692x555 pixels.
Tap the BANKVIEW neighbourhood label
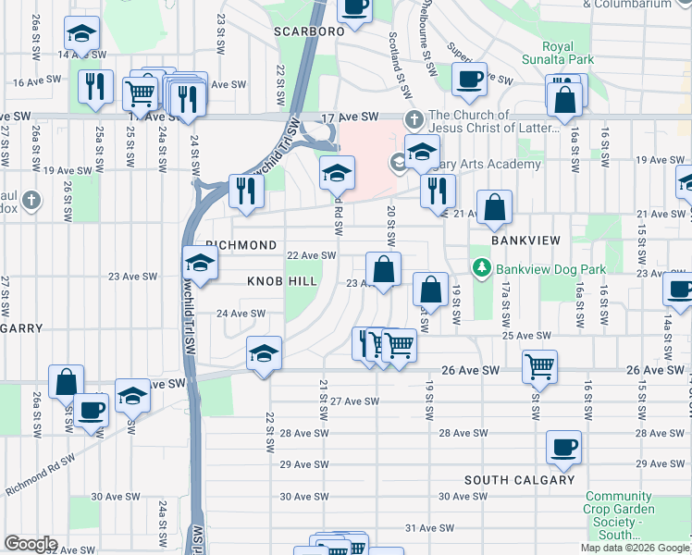(x=525, y=240)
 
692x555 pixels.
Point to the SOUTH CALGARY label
(x=519, y=480)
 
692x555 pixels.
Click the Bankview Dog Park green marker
(x=481, y=269)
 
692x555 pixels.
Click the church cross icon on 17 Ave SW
(x=414, y=120)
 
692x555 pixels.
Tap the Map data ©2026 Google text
(x=635, y=548)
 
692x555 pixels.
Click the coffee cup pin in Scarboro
(x=354, y=10)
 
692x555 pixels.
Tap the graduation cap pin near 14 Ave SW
(x=82, y=34)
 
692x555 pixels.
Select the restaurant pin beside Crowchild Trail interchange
(x=246, y=190)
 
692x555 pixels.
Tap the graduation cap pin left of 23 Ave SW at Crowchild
(x=200, y=264)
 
